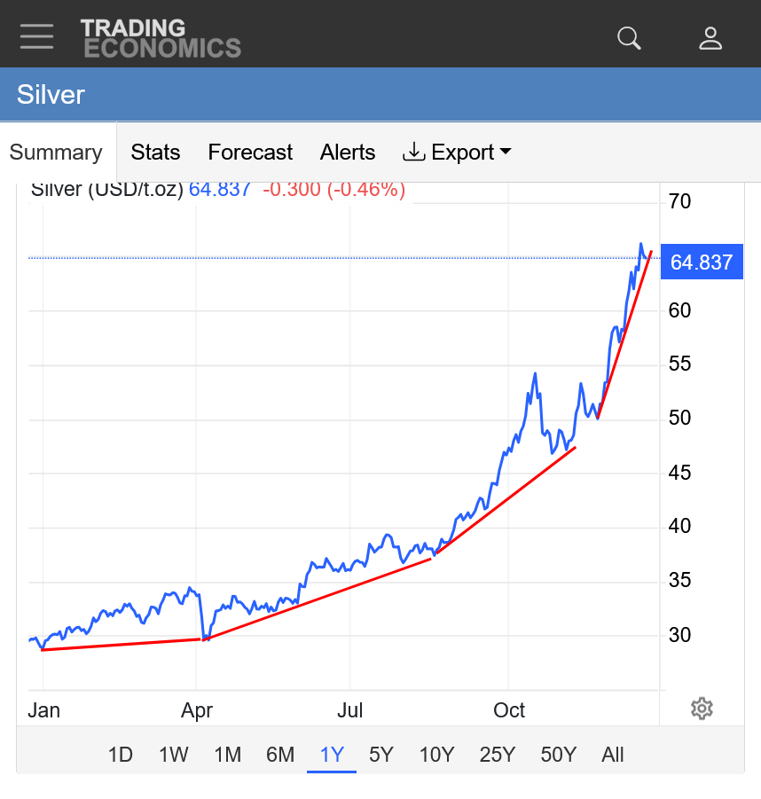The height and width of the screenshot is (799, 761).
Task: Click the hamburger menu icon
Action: click(37, 36)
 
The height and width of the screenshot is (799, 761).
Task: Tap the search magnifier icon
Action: click(629, 37)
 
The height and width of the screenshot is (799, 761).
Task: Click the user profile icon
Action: click(710, 37)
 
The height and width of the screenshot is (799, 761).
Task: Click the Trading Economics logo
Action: click(161, 38)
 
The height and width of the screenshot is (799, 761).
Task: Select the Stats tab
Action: click(155, 153)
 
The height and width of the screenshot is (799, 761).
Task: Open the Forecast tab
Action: click(250, 153)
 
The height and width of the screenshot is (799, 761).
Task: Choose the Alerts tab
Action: click(348, 153)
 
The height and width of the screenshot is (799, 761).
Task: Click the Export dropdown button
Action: click(457, 153)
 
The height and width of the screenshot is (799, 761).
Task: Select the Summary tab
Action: click(56, 153)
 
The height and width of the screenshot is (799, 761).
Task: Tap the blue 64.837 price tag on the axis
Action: click(702, 262)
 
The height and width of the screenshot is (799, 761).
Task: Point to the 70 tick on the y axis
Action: click(679, 202)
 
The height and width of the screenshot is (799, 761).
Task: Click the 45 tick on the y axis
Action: click(679, 473)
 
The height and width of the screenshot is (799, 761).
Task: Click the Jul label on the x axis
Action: click(350, 710)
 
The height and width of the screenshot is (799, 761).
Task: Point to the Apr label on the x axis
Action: click(196, 710)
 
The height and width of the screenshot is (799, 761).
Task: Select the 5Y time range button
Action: click(380, 755)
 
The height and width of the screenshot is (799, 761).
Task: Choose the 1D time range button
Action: click(120, 755)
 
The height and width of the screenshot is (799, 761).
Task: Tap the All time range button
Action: click(613, 755)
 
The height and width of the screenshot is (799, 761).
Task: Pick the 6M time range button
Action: click(280, 755)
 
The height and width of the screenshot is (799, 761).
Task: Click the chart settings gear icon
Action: click(702, 709)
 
